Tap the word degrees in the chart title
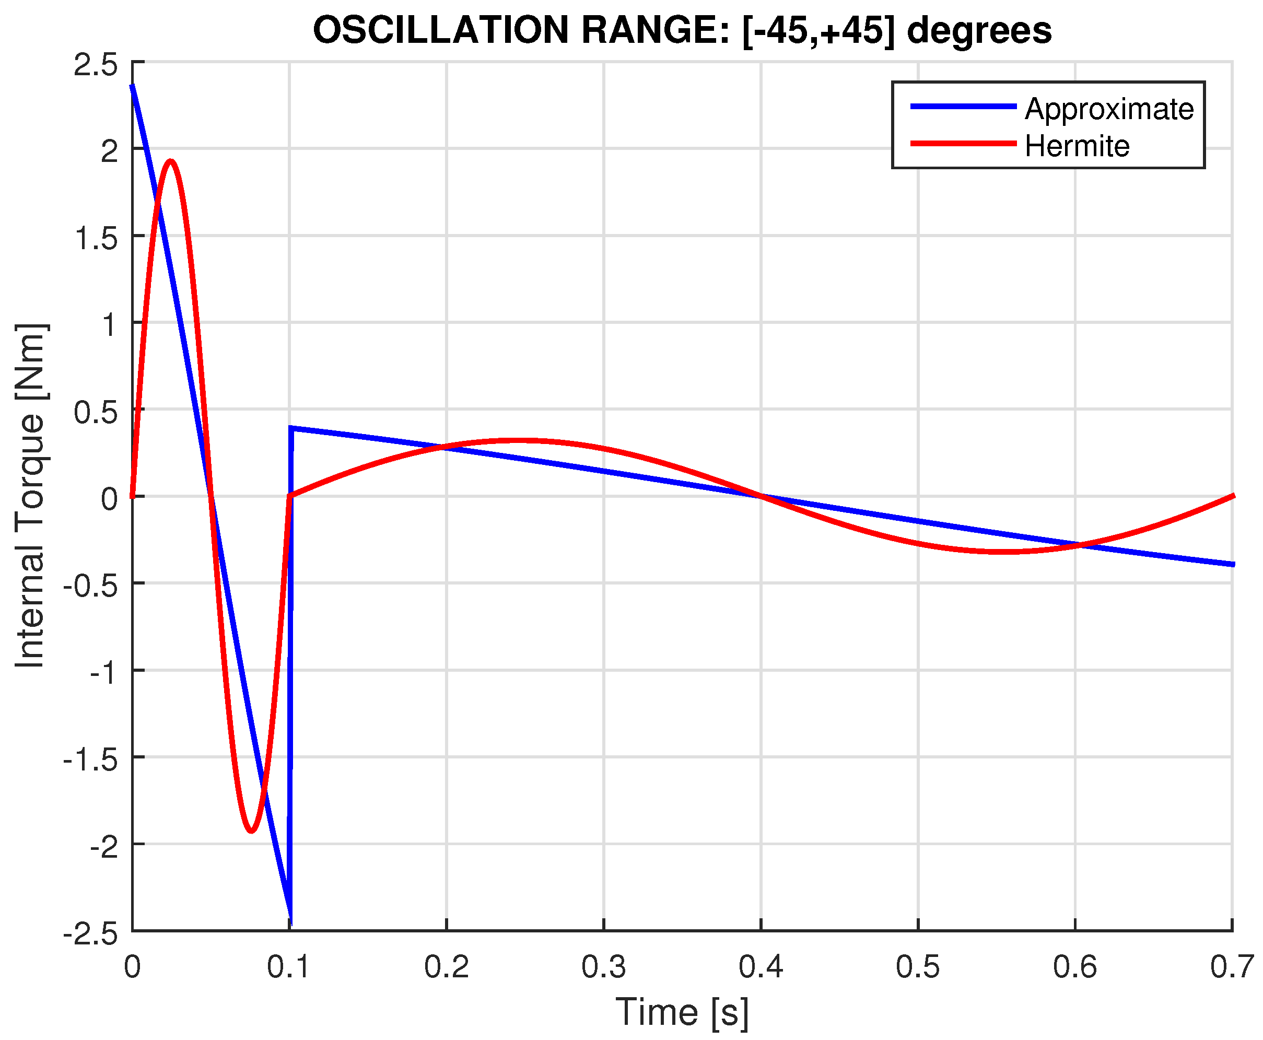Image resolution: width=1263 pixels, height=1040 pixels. coord(979,31)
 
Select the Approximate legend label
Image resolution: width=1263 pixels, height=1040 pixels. coord(1109,109)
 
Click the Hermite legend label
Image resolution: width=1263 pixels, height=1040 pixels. coord(1077,146)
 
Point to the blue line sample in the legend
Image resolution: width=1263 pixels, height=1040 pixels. coord(963,107)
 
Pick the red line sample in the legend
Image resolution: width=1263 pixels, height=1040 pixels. coord(963,144)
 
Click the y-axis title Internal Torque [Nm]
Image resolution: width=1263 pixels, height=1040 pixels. coord(30,496)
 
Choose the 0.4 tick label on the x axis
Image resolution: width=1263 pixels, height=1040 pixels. coord(761,967)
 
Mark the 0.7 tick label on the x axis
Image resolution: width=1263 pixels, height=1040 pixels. coord(1231,967)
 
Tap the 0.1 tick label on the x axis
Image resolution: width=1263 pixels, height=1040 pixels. coord(289,967)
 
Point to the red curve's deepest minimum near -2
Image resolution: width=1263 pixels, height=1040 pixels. coord(251,831)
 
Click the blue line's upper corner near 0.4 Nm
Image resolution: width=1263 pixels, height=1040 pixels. coord(291,428)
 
